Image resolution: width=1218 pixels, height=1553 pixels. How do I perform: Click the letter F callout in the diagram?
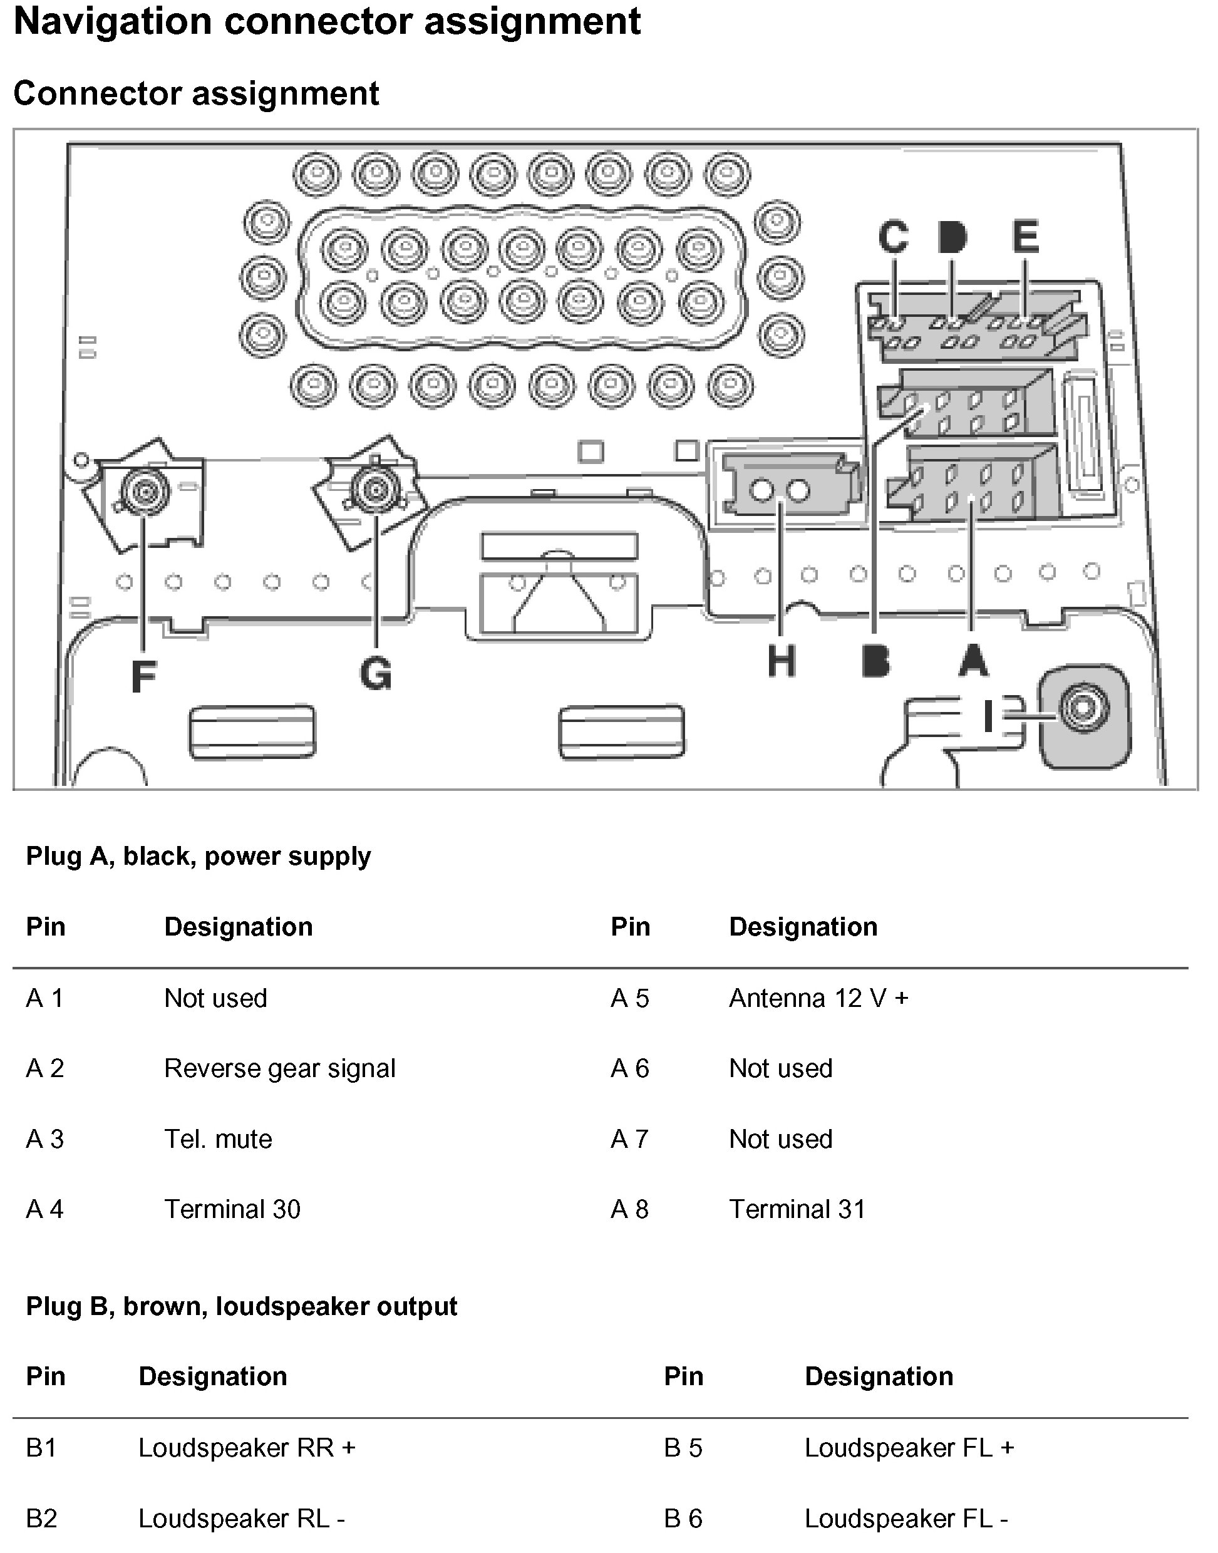click(x=144, y=676)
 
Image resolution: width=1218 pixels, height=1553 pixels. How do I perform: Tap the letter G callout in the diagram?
click(x=376, y=673)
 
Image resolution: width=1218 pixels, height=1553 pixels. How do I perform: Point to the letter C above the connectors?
click(x=894, y=237)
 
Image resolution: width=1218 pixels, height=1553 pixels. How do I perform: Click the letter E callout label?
click(x=1026, y=237)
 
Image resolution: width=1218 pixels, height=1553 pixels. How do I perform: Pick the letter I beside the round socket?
click(x=988, y=716)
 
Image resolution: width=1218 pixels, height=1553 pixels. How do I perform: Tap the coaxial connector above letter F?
click(x=145, y=492)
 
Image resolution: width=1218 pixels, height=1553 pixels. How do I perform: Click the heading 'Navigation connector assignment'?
click(x=328, y=21)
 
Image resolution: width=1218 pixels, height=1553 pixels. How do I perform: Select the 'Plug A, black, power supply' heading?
click(x=199, y=855)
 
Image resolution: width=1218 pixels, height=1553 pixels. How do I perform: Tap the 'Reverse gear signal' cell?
click(x=279, y=1068)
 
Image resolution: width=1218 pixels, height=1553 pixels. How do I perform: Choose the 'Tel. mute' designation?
click(x=218, y=1138)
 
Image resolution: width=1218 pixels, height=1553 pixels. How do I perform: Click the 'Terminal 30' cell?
click(x=232, y=1209)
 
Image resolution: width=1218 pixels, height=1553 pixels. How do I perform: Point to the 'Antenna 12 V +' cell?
click(x=818, y=998)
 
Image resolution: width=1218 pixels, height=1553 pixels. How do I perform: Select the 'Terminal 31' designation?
click(x=797, y=1209)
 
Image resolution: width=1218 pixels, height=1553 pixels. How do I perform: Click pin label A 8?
click(x=630, y=1209)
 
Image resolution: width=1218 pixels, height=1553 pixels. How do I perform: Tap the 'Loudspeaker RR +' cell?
click(x=247, y=1447)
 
